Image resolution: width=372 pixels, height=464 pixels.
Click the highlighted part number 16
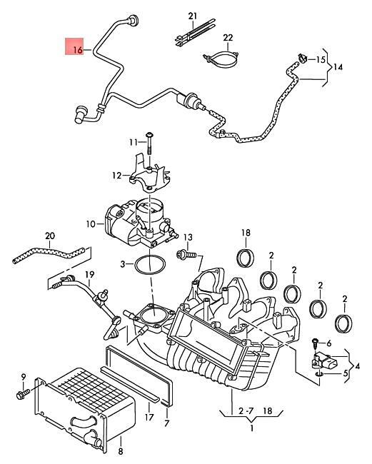(78, 49)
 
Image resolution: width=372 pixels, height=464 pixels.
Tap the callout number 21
(191, 15)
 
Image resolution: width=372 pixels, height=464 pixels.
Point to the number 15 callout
(321, 59)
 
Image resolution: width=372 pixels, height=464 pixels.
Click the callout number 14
(338, 66)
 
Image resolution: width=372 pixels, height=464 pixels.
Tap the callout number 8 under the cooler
(120, 450)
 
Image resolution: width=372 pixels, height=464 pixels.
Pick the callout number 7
(166, 424)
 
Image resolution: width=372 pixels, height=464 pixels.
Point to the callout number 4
(356, 366)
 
